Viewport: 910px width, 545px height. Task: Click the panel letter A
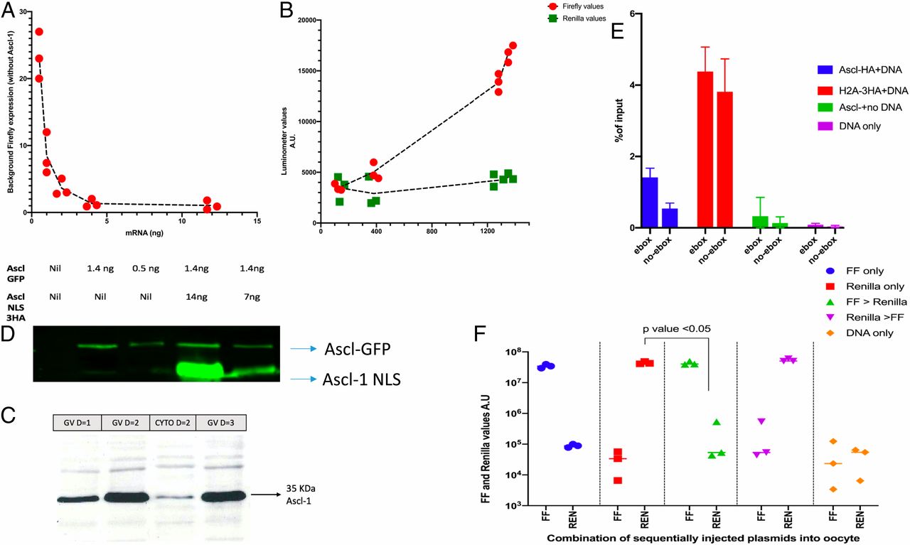(x=9, y=10)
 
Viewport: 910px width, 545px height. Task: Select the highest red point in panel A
(x=39, y=32)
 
